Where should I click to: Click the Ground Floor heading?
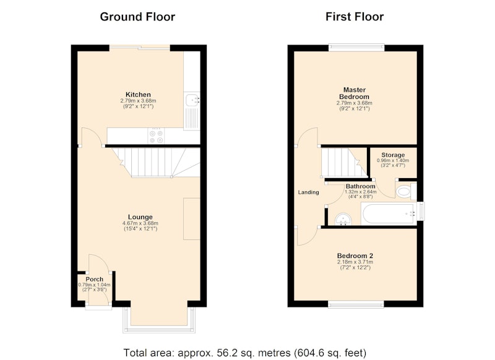click(x=137, y=17)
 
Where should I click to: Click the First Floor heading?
click(x=355, y=17)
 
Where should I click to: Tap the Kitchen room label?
click(x=138, y=95)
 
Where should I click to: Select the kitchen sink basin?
click(x=192, y=100)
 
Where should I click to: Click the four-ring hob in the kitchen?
click(x=157, y=136)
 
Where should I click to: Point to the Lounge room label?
click(x=140, y=216)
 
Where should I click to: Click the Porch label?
click(x=95, y=279)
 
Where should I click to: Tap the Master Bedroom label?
click(x=354, y=93)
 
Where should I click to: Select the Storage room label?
click(x=393, y=155)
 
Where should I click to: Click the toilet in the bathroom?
click(x=406, y=191)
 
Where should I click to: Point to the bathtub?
click(x=388, y=214)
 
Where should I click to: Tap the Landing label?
click(x=308, y=192)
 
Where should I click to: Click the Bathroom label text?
click(x=360, y=186)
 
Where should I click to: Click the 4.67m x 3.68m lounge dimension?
click(x=140, y=223)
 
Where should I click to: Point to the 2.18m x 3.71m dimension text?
click(x=355, y=262)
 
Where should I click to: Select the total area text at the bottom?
click(x=244, y=353)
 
